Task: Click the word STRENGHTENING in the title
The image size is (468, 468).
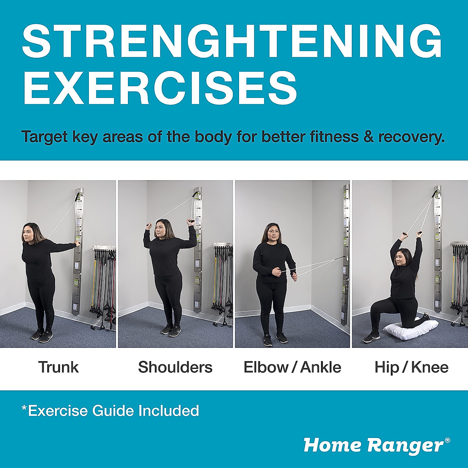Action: [232, 41]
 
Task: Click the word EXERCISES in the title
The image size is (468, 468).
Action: [160, 89]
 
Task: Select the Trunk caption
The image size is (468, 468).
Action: [58, 367]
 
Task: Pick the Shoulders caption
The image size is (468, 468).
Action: [175, 367]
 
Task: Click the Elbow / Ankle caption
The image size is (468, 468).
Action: [292, 367]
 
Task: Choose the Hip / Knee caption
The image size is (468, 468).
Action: [411, 367]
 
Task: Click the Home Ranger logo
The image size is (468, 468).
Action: [373, 445]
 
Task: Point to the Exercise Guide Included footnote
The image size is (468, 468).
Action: [110, 411]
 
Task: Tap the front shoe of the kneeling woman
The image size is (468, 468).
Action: [371, 337]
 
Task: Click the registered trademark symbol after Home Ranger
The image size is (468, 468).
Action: [447, 440]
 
